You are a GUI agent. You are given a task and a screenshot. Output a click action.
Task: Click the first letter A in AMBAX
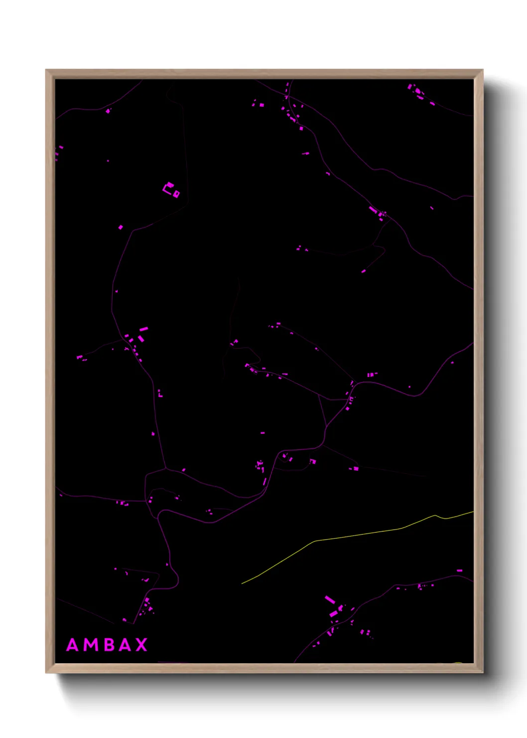[73, 645]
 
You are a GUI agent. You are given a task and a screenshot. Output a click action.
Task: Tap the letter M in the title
[91, 645]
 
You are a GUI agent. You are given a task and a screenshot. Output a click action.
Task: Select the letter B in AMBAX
[109, 645]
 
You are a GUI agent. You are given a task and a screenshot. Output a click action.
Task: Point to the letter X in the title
[142, 645]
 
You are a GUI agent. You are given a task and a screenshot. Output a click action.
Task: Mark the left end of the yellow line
[242, 583]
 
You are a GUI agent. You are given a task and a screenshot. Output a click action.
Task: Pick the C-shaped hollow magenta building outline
[168, 187]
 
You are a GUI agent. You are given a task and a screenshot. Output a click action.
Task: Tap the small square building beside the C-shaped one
[176, 194]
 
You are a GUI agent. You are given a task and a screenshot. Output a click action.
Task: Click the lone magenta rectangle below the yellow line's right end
[459, 570]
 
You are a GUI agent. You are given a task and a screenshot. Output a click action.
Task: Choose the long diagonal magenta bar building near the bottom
[330, 599]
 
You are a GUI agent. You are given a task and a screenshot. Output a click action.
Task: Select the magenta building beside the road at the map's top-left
[108, 111]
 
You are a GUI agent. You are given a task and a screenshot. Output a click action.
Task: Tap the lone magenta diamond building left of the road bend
[121, 227]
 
